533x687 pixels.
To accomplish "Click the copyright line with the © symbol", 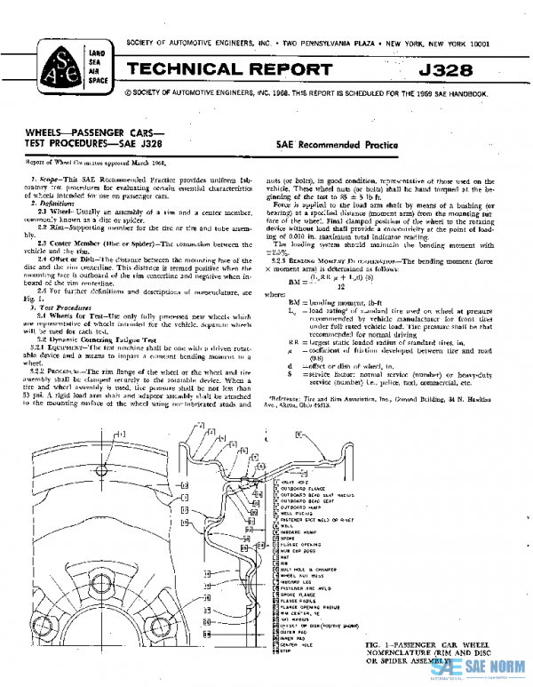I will (303, 92).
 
